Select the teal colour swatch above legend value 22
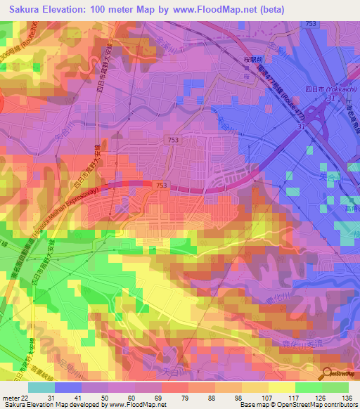coord(41,387)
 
